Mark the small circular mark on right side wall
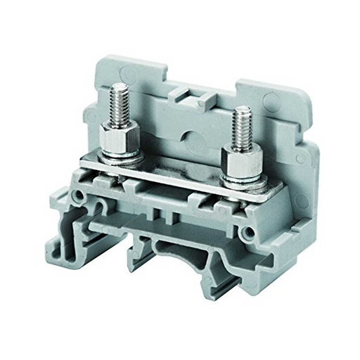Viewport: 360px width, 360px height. click(300, 160)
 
